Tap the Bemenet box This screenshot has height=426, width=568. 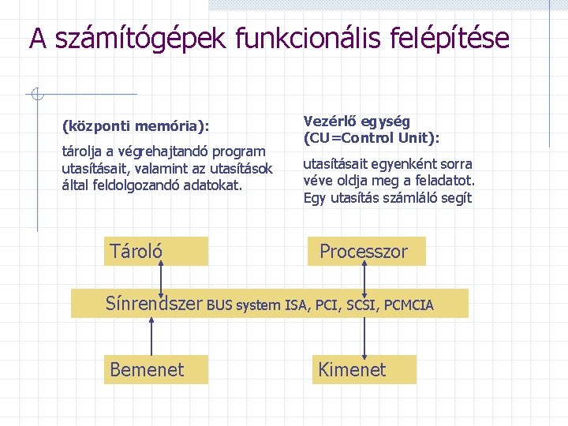[155, 369]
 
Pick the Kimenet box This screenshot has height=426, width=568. [363, 369]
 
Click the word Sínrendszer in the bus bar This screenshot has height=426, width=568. [155, 304]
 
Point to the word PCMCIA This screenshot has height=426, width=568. [409, 305]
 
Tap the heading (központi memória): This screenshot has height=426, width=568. [136, 125]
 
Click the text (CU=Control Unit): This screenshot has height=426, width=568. [371, 137]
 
